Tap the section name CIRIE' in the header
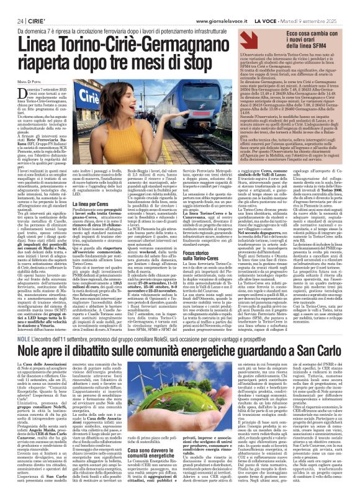point(30,5)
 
